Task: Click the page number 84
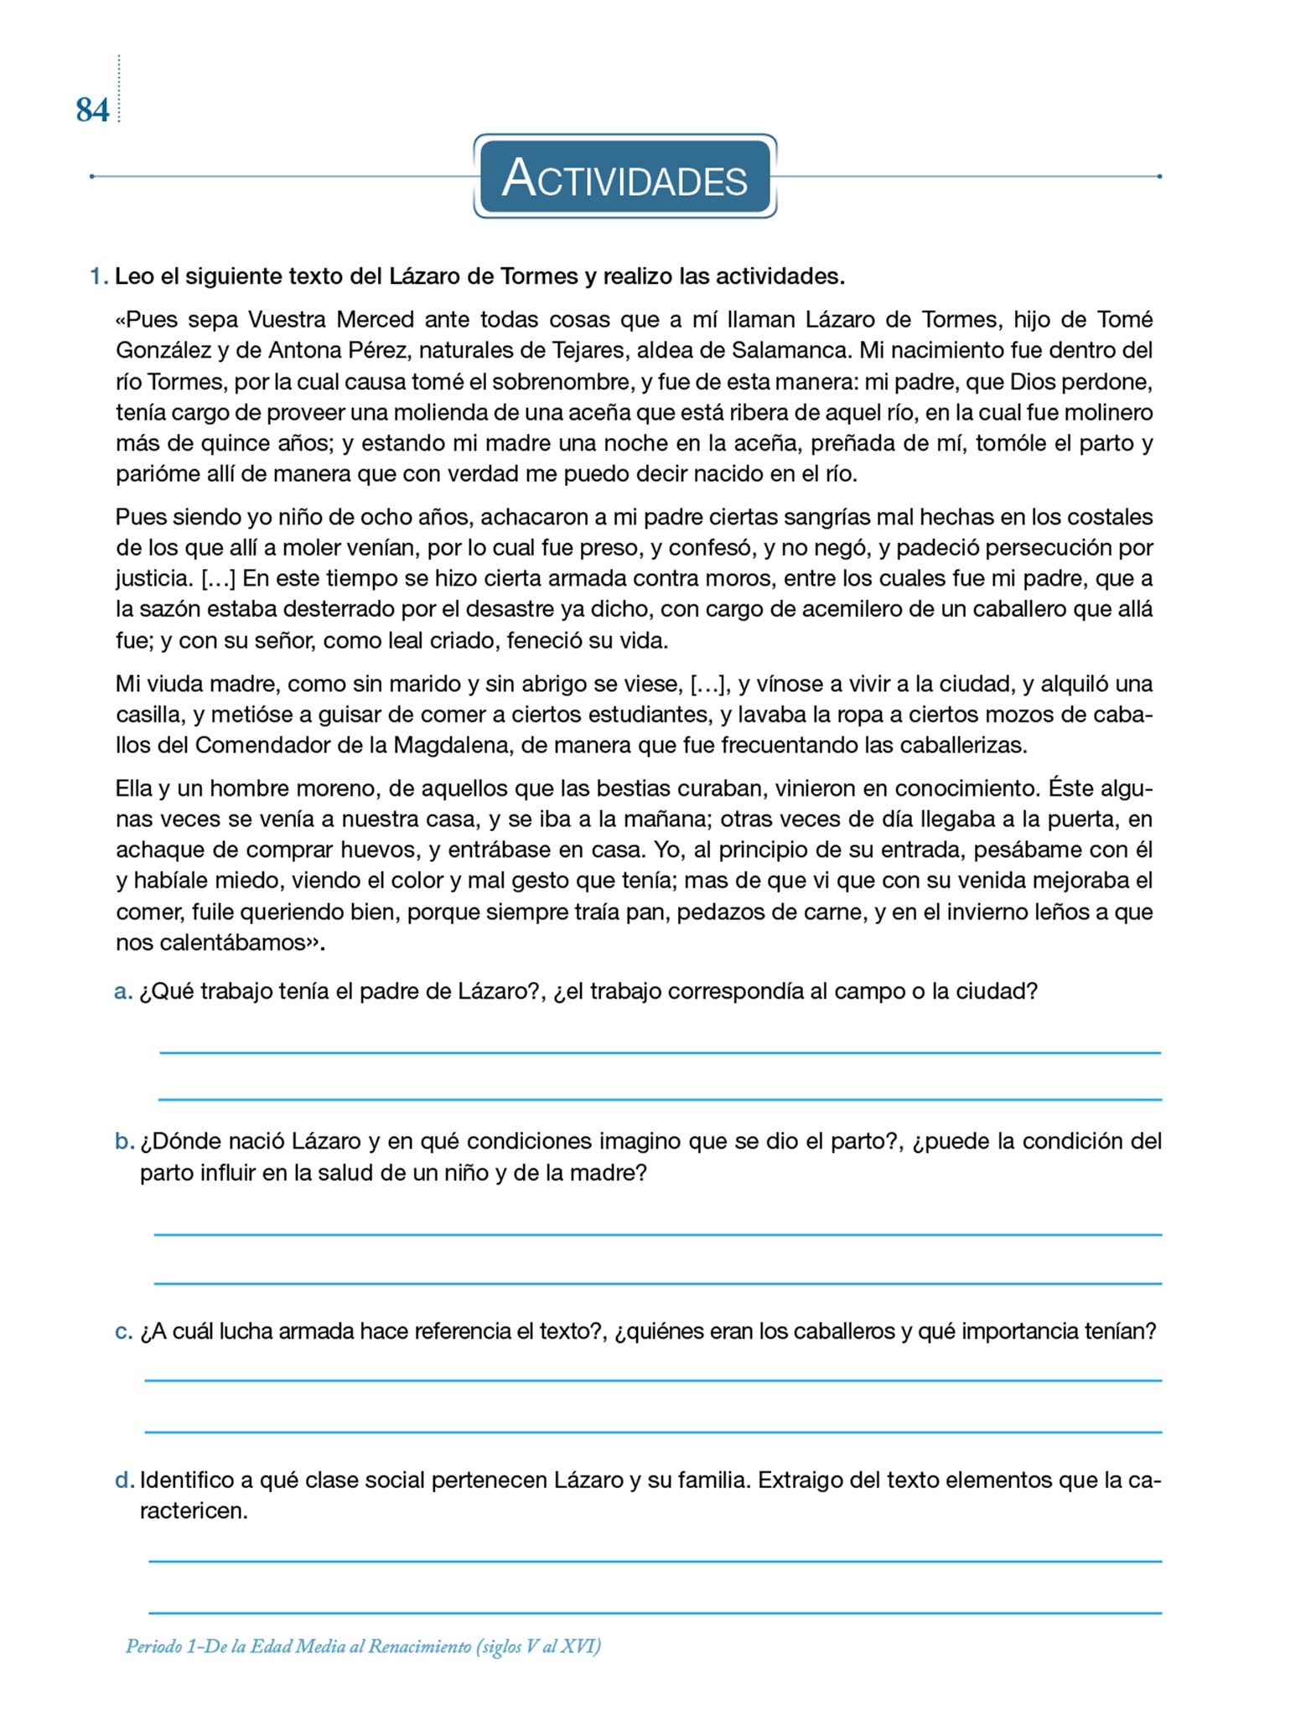pos(92,110)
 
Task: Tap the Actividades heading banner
pos(624,178)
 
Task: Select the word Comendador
pos(263,746)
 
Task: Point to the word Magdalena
pos(451,746)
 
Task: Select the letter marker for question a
pos(122,993)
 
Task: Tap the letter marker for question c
pos(122,1331)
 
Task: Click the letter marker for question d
pos(123,1481)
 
